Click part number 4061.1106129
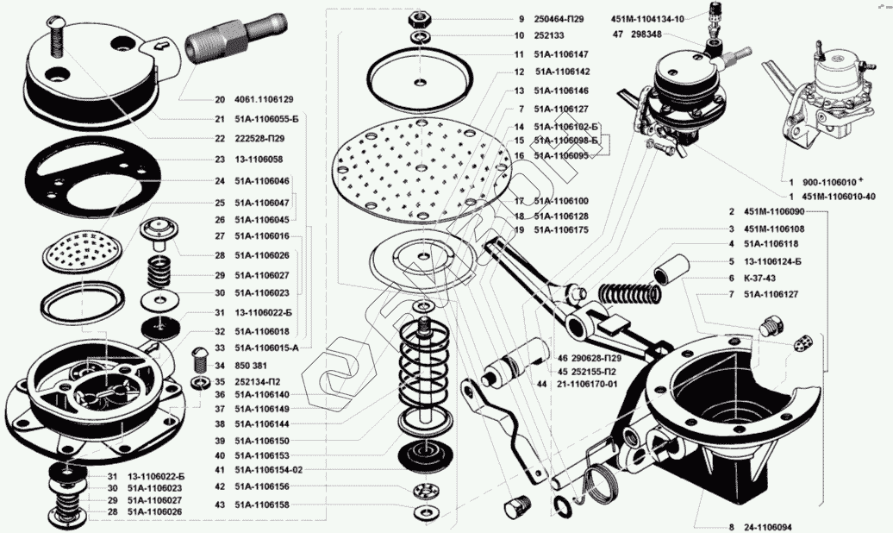[264, 100]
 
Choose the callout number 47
[618, 34]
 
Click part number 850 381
[248, 365]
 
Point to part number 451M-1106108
[772, 229]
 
